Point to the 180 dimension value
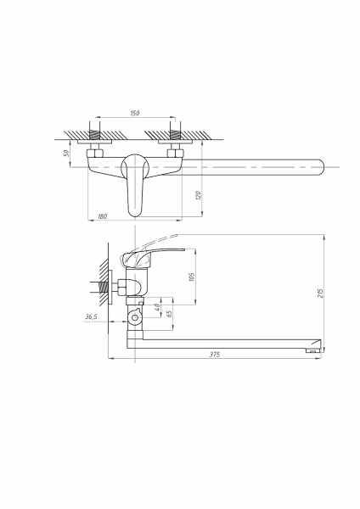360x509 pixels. point(103,217)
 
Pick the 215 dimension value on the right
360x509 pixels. point(319,294)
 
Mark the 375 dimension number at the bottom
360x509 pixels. point(214,355)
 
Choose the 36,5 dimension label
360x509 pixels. point(92,316)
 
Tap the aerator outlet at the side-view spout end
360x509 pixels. point(312,350)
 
